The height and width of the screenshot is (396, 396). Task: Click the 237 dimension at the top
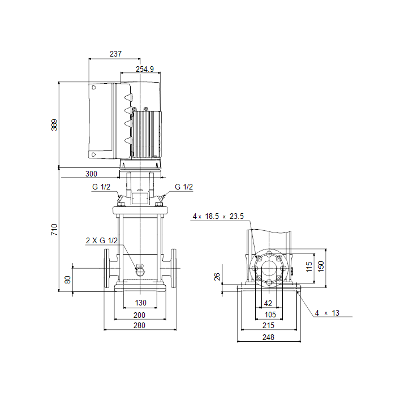coord(115,54)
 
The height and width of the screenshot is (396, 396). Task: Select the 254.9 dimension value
coord(145,70)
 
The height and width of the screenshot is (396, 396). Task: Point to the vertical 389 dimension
coord(54,124)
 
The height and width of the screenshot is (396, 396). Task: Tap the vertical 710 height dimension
coord(54,229)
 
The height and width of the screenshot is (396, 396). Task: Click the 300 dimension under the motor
coord(92,174)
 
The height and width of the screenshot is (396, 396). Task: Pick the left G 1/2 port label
coord(102,187)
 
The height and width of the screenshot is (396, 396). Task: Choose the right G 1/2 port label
coord(184,187)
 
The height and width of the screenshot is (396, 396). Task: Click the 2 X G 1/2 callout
coord(101,240)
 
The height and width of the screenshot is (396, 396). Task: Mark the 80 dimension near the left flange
coord(68,279)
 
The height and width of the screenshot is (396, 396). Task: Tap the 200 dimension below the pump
coord(139,315)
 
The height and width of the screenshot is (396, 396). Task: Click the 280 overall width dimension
coord(139,325)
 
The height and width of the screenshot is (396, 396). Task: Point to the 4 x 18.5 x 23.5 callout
coord(218,216)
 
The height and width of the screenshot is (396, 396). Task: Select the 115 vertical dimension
coord(309,266)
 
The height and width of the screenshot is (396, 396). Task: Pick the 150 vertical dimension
coord(321,266)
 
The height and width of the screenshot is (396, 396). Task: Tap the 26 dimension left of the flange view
coord(217,277)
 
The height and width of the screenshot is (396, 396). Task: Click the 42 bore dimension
coord(268,304)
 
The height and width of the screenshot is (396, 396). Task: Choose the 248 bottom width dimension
coord(268,337)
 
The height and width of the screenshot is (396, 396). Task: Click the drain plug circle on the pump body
coord(140,272)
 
